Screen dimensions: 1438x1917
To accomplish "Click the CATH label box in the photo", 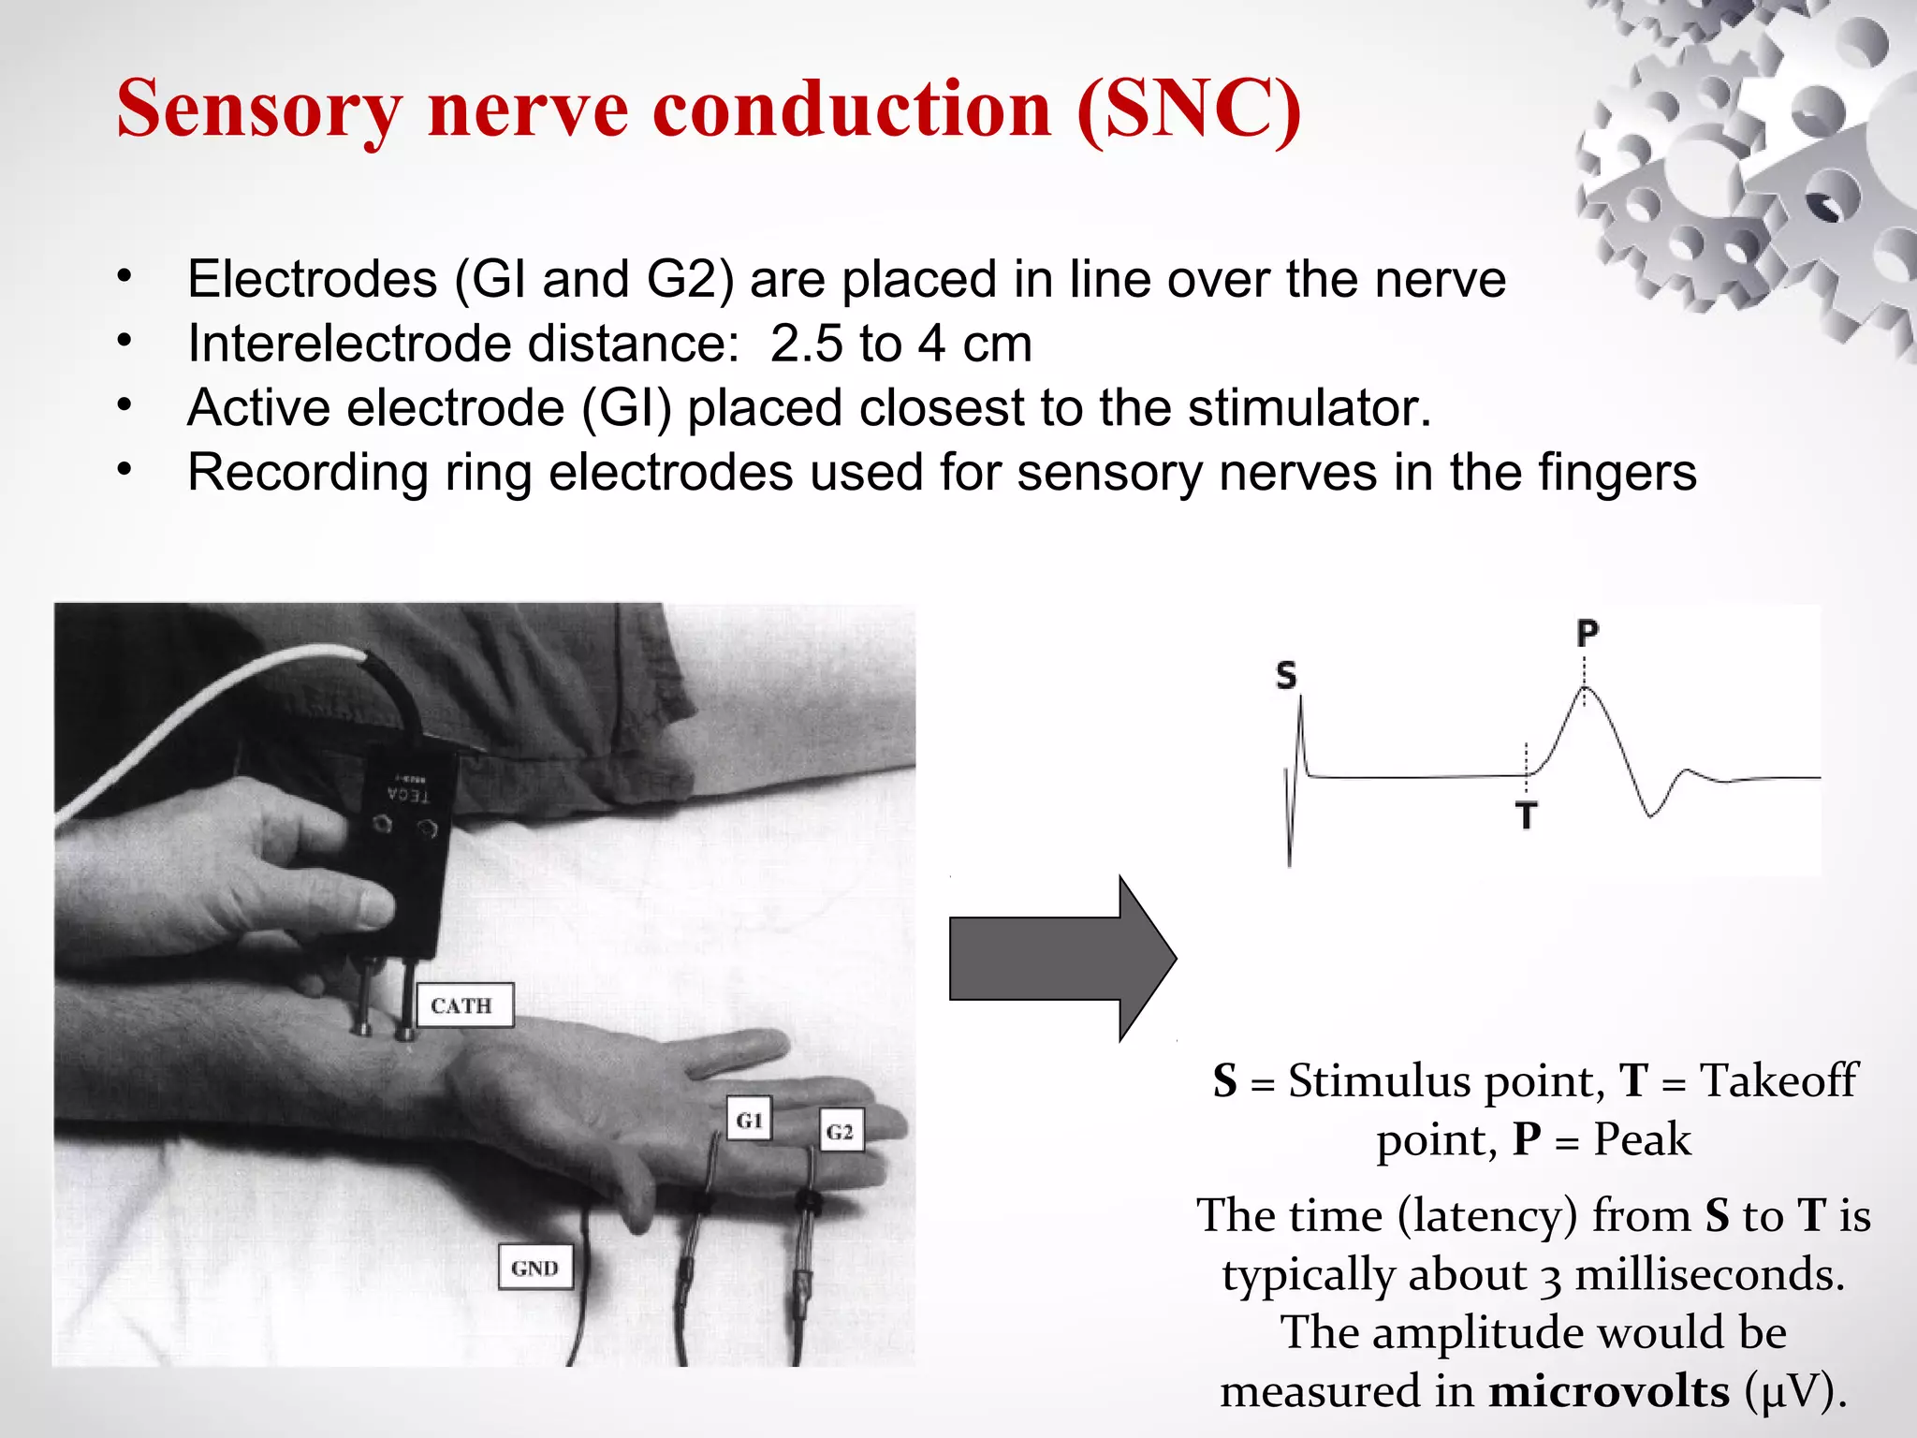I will pyautogui.click(x=464, y=1005).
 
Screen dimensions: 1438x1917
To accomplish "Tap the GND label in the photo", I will pyautogui.click(x=534, y=1268).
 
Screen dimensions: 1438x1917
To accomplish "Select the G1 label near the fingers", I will pyautogui.click(x=750, y=1120).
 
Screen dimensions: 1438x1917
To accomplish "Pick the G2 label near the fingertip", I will pyautogui.click(x=840, y=1132).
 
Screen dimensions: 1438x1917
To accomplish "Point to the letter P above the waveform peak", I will pyautogui.click(x=1587, y=634).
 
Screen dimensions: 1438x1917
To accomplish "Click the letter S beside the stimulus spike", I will pyautogui.click(x=1286, y=675).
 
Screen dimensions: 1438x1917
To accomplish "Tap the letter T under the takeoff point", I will pyautogui.click(x=1527, y=815).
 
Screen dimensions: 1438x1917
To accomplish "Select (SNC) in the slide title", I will pyautogui.click(x=1189, y=110).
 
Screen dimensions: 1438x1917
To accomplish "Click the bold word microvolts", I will pyautogui.click(x=1608, y=1390).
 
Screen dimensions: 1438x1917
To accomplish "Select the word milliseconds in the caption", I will pyautogui.click(x=1709, y=1274).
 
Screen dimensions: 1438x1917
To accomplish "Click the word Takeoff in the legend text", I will pyautogui.click(x=1778, y=1080).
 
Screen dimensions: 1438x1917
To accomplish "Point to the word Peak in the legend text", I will pyautogui.click(x=1642, y=1139).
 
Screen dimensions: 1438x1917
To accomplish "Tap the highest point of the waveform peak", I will pyautogui.click(x=1585, y=688).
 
